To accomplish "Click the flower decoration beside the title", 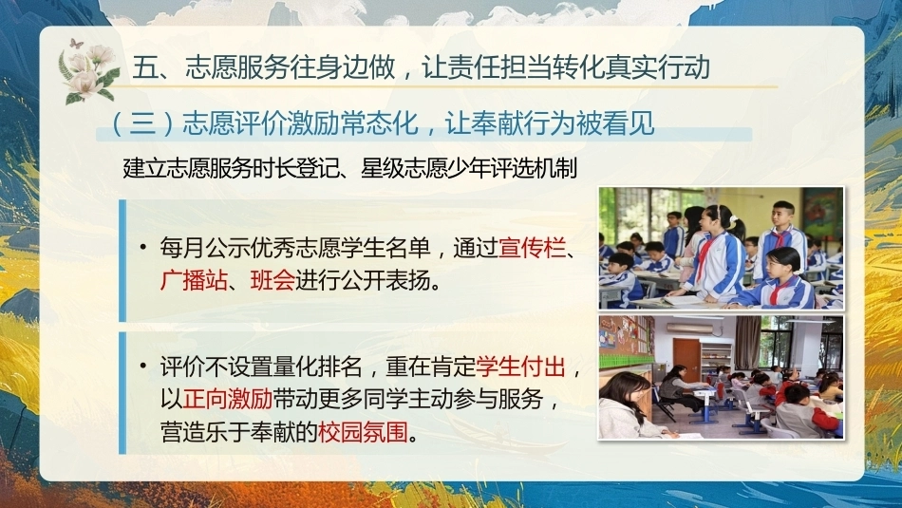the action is pyautogui.click(x=89, y=75).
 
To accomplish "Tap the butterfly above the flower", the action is pyautogui.click(x=76, y=43).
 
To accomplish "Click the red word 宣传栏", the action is pyautogui.click(x=532, y=248).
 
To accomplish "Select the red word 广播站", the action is pyautogui.click(x=194, y=281).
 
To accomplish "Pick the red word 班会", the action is pyautogui.click(x=272, y=281).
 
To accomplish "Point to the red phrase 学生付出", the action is pyautogui.click(x=520, y=367).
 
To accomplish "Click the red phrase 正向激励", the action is pyautogui.click(x=228, y=399).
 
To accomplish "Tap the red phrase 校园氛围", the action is pyautogui.click(x=363, y=431).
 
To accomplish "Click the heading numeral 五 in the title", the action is pyautogui.click(x=145, y=67).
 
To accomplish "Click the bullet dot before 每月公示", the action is pyautogui.click(x=143, y=248).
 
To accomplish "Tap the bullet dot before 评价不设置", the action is pyautogui.click(x=143, y=366).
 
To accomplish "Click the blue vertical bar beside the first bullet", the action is pyautogui.click(x=122, y=260).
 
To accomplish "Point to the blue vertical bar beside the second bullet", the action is pyautogui.click(x=122, y=393).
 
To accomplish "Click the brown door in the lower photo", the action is pyautogui.click(x=686, y=360).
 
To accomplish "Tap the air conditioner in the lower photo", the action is pyautogui.click(x=689, y=328).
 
